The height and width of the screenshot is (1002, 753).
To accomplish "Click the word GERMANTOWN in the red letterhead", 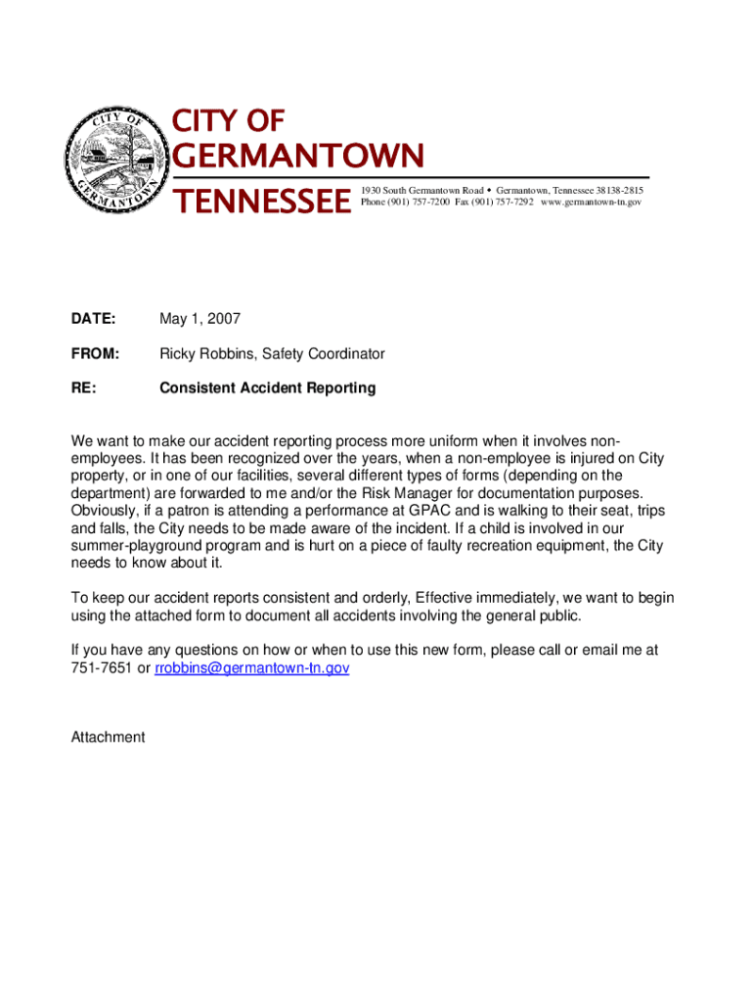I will pos(298,157).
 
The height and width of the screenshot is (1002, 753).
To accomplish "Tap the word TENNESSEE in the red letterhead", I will pos(261,202).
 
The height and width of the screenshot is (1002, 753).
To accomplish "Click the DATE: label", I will pos(93,319).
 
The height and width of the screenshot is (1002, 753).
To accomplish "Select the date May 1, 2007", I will pos(199,319).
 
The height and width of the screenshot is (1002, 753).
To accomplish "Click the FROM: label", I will pos(95,353).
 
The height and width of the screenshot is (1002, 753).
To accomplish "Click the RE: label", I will pos(83,388).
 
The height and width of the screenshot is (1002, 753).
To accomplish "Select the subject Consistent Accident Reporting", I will pos(267,388).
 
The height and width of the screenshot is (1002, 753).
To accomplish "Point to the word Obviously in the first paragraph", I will pos(104,511).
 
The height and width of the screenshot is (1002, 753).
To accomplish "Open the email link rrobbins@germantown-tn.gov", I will pos(252,667).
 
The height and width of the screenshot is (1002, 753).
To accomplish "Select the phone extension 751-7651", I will pos(101,667).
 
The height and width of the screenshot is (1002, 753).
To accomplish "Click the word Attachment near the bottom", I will pos(108,737).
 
